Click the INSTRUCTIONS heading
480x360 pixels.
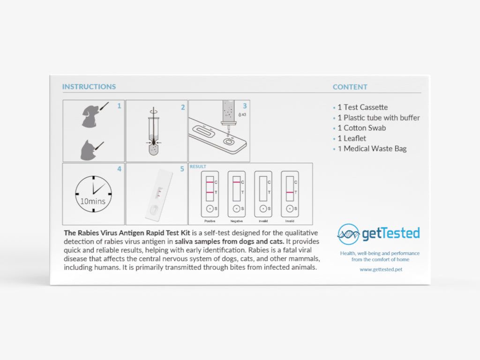[89, 87]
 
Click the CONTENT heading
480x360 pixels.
[350, 87]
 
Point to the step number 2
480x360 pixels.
[183, 107]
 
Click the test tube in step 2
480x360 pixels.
[153, 136]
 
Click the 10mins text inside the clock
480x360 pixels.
[93, 202]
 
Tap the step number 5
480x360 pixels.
[183, 169]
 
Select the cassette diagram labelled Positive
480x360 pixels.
[210, 193]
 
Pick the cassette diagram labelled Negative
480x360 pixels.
[237, 193]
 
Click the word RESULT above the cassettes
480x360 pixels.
[198, 166]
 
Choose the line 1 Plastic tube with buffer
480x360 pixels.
[378, 118]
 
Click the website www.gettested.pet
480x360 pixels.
[381, 270]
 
